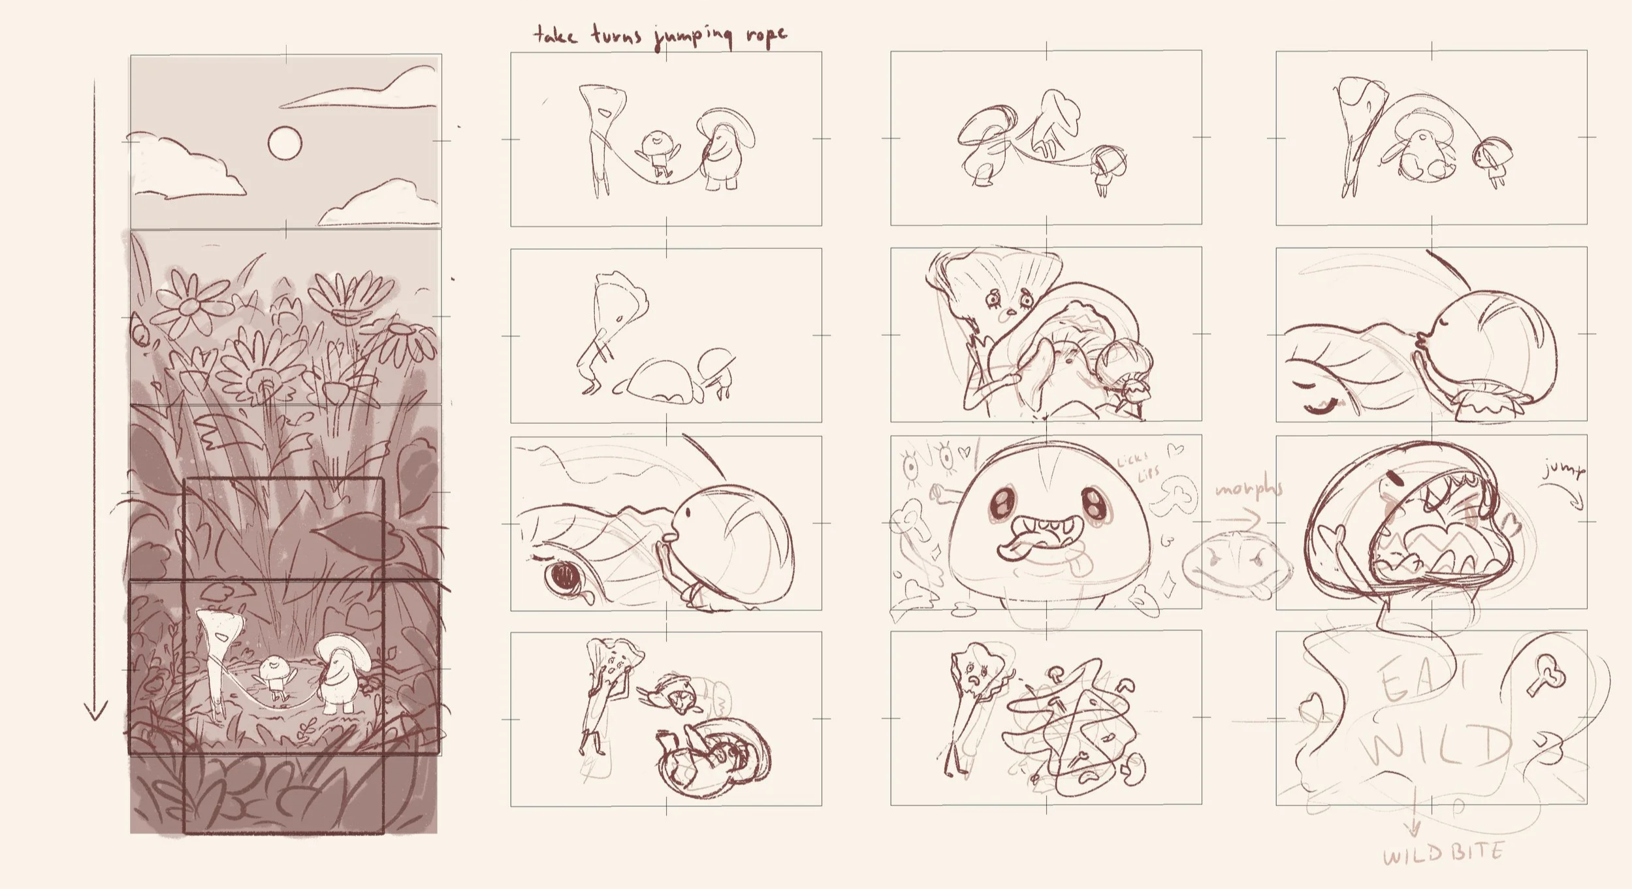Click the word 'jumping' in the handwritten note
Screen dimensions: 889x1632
(694, 37)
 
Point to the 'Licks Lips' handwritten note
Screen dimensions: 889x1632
(1135, 464)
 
